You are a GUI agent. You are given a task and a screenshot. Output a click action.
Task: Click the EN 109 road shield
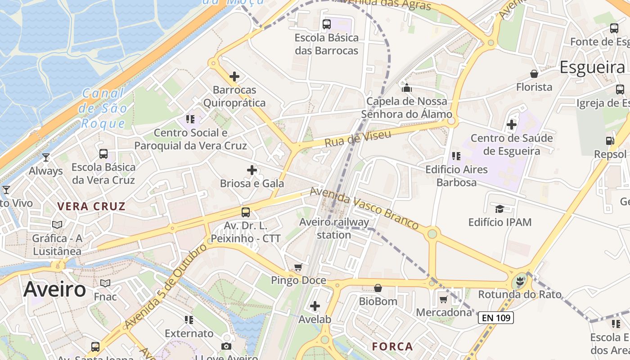point(495,318)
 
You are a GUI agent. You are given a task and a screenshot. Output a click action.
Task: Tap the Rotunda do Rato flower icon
point(519,282)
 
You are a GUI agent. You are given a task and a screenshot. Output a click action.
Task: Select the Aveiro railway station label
point(334,228)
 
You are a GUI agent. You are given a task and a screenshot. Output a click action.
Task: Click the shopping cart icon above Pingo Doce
point(298,267)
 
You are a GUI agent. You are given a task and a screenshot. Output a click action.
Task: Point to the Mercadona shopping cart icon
point(444,299)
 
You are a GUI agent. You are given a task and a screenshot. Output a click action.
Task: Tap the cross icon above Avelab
point(315,306)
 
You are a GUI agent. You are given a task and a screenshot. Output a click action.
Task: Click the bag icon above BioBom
point(378,288)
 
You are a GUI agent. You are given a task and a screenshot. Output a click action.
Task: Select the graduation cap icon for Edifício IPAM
point(499,209)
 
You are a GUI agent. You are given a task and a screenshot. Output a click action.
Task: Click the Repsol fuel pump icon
point(610,141)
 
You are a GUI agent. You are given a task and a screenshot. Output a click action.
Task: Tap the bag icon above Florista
point(534,74)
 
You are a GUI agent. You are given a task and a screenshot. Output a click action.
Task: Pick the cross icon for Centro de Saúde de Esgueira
point(512,124)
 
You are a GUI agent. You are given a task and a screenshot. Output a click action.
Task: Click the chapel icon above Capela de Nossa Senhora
point(407,87)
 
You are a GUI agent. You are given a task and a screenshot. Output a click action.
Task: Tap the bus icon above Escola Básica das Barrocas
point(327,24)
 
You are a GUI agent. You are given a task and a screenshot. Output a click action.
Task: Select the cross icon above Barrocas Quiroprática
point(234,76)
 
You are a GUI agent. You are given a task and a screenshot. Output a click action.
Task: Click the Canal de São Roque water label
point(103,108)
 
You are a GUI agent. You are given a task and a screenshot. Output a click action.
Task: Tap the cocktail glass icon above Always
point(45,157)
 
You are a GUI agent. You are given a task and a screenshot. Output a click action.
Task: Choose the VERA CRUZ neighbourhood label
point(91,207)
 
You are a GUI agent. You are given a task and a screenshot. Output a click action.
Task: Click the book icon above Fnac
point(105,283)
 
